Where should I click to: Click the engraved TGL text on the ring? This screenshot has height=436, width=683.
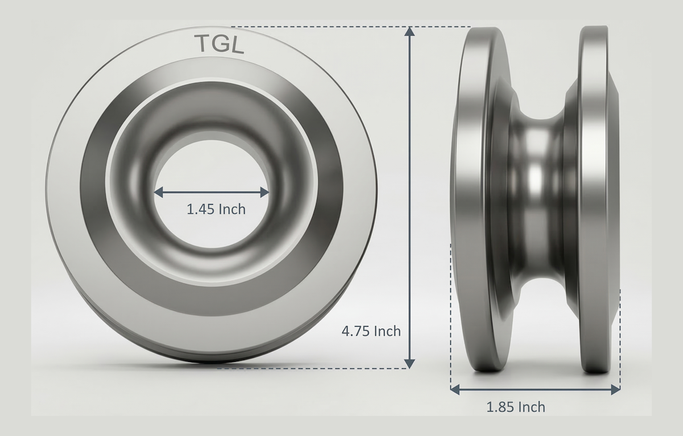coord(219,44)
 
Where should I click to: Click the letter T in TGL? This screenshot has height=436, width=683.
coord(202,43)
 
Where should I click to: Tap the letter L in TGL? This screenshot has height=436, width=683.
coord(237,44)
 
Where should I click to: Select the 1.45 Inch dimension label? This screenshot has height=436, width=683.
coord(216,209)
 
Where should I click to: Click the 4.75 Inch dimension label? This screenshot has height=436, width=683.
coord(371,331)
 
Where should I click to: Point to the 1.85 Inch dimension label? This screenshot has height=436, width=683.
coord(515,407)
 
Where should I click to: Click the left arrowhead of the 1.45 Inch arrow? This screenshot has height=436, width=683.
coord(158,192)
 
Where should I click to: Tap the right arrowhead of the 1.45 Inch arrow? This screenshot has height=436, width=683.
coord(265,192)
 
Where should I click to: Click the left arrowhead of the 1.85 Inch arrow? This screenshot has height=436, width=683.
coord(455,389)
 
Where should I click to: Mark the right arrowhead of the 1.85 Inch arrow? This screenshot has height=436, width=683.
coord(616,389)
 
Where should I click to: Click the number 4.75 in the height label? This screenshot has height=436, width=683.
coord(356,331)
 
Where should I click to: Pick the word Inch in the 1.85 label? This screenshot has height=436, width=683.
coord(532,407)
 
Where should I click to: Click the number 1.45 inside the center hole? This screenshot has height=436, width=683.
coord(200,209)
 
